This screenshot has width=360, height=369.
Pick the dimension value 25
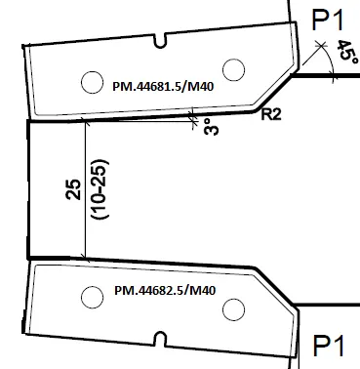(x=70, y=190)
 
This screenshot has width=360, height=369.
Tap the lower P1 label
(x=330, y=347)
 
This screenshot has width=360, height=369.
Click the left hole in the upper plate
(x=91, y=80)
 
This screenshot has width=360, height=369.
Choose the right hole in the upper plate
(x=232, y=68)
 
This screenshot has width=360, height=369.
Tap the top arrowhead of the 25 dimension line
(x=87, y=124)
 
